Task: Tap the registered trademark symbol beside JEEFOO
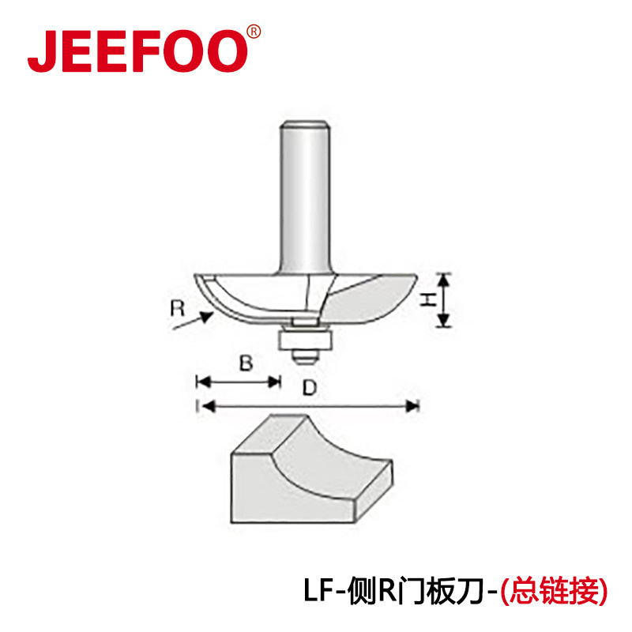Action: coord(253,32)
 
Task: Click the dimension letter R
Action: coord(177,307)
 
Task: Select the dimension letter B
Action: coord(246,363)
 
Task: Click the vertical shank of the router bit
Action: coord(305,197)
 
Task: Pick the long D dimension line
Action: coord(308,407)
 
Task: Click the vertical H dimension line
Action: coord(444,300)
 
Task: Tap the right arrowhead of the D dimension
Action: coord(412,407)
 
